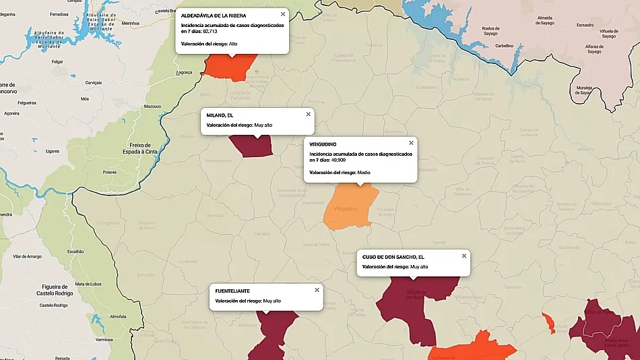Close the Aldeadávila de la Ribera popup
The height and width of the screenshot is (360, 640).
[x=282, y=14]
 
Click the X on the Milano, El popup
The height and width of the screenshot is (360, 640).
[x=309, y=114]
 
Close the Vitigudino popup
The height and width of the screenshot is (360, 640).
[x=411, y=143]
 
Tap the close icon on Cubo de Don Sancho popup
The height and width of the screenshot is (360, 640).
[x=464, y=256]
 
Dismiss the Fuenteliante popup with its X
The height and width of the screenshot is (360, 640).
[x=317, y=290]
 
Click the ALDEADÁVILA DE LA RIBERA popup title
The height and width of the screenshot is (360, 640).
[x=213, y=15]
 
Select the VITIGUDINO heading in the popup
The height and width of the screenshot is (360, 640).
[x=323, y=144]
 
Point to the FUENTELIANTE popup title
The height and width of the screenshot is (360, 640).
[x=232, y=291]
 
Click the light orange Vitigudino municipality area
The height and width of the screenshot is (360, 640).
[x=349, y=209]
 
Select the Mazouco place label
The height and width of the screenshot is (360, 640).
[x=153, y=106]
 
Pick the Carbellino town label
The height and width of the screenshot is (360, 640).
[x=504, y=46]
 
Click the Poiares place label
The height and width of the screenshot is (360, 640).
[x=110, y=172]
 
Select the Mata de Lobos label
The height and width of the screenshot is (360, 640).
[x=88, y=284]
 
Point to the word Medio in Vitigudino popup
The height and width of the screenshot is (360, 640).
[x=364, y=173]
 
